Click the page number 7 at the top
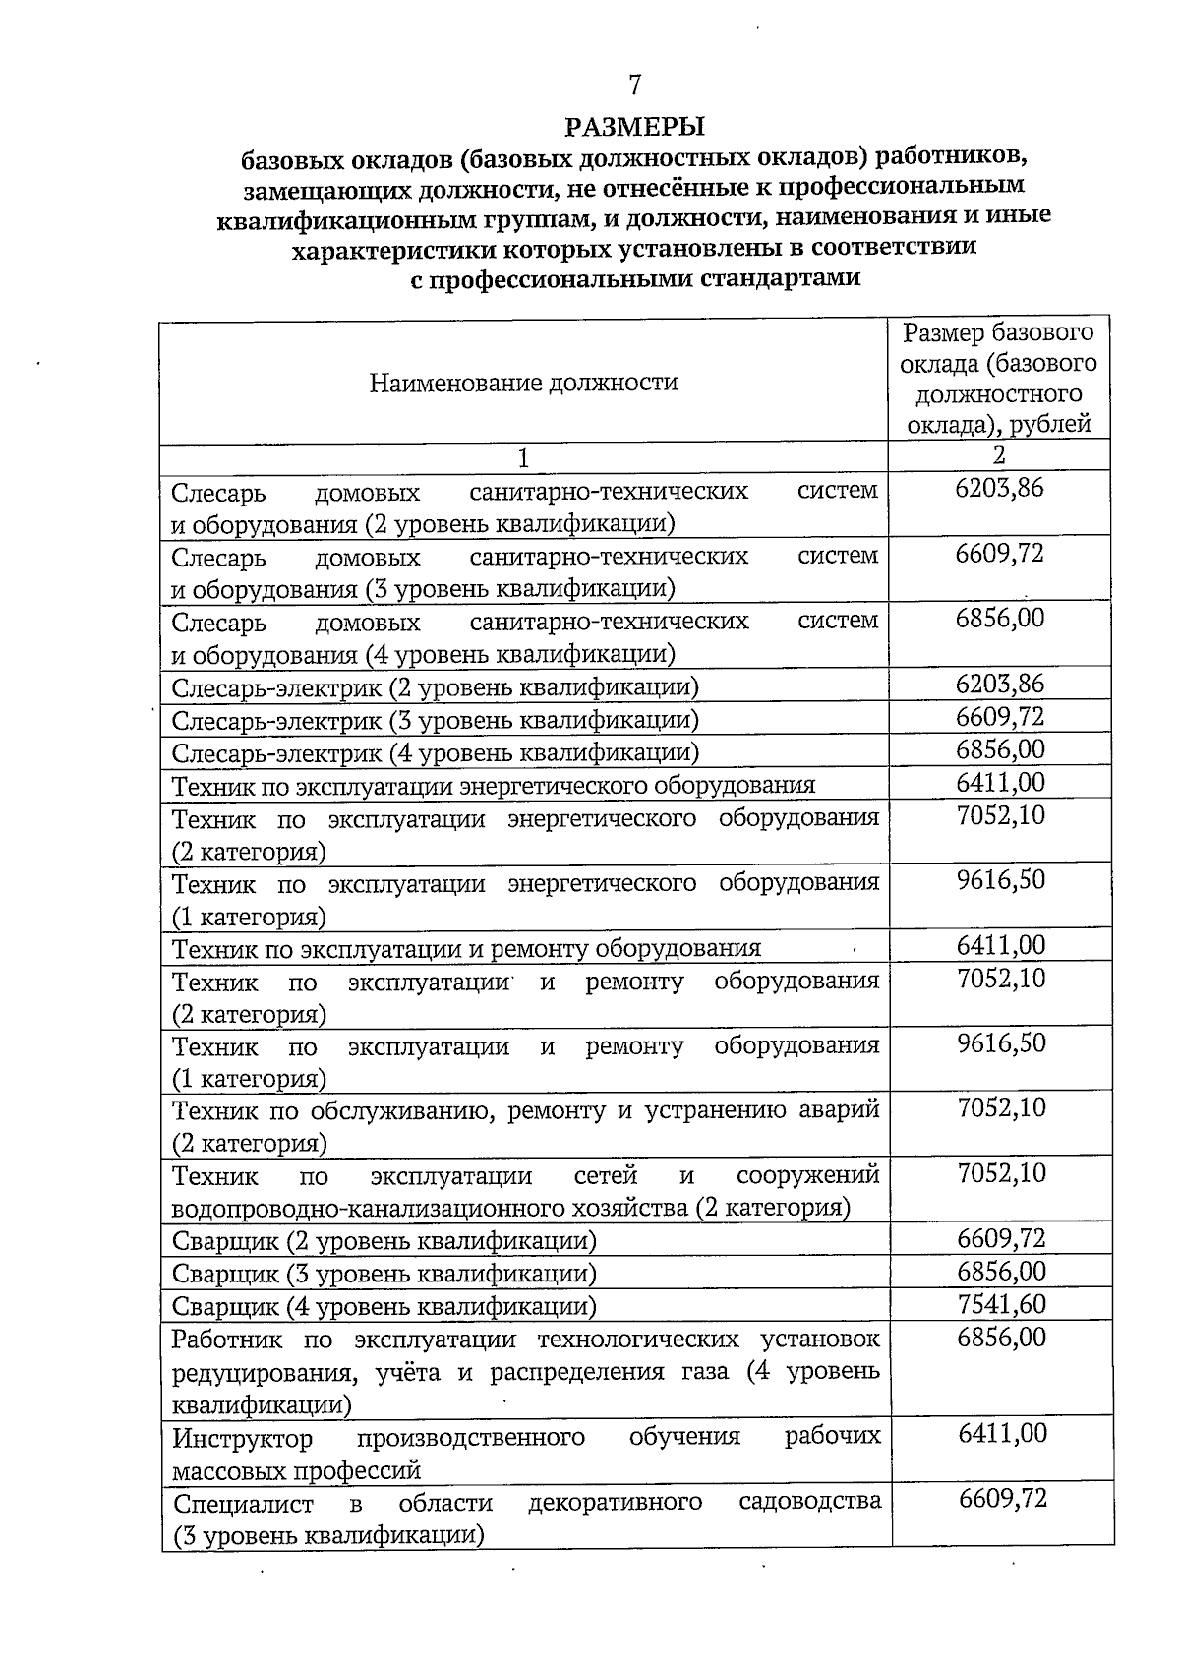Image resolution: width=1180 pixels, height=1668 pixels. (635, 86)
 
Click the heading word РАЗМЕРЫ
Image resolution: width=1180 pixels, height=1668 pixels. (635, 127)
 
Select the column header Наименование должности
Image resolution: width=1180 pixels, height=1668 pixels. (523, 383)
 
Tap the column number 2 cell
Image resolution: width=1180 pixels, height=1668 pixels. (999, 454)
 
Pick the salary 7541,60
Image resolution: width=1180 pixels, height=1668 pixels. (1001, 1304)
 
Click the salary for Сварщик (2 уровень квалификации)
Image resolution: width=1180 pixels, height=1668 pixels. (1001, 1238)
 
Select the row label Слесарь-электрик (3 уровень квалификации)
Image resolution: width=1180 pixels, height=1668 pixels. (435, 720)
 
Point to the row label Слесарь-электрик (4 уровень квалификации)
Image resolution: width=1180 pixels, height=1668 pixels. (435, 753)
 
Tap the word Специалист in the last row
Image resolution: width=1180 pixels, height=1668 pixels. (243, 1504)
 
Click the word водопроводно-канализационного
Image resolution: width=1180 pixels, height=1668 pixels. (345, 1207)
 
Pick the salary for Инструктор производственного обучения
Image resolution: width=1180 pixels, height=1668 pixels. (1002, 1433)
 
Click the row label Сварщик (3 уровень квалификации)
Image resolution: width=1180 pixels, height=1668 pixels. (383, 1274)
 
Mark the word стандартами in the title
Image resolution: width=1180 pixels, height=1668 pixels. (780, 278)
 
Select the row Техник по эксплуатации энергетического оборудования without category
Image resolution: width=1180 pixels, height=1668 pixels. (494, 786)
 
